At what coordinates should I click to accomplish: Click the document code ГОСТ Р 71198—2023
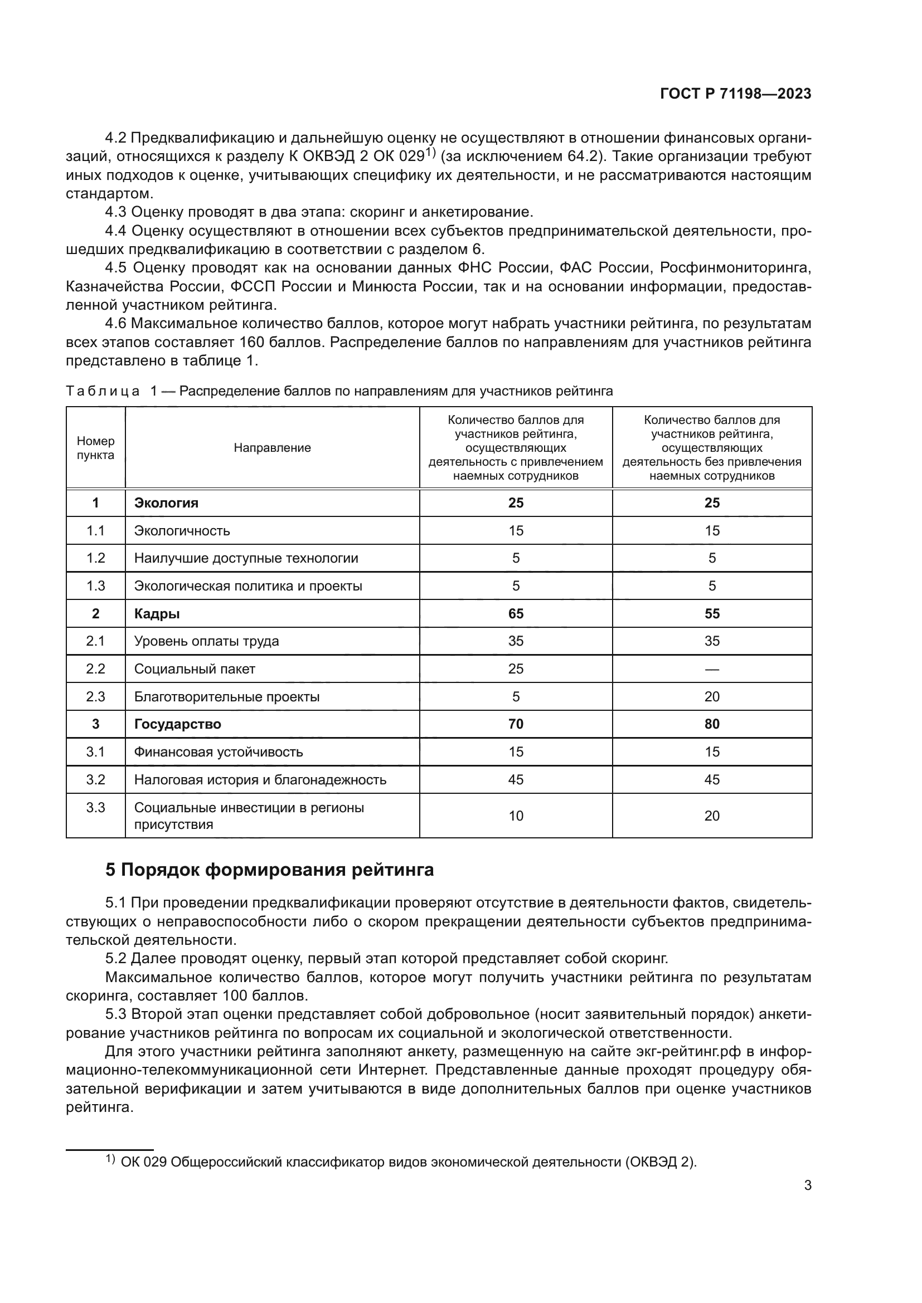pyautogui.click(x=735, y=94)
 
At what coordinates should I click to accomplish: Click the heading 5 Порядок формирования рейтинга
pyautogui.click(x=269, y=870)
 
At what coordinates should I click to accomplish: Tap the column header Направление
pyautogui.click(x=272, y=448)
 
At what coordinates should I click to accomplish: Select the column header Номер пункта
pyautogui.click(x=95, y=448)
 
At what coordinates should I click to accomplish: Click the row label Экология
pyautogui.click(x=166, y=503)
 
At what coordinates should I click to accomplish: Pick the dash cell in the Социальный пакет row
pyautogui.click(x=711, y=669)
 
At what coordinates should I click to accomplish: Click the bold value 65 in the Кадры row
pyautogui.click(x=516, y=613)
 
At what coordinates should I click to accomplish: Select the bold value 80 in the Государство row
pyautogui.click(x=711, y=724)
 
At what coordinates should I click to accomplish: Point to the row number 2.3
pyautogui.click(x=95, y=696)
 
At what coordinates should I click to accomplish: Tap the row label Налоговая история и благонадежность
pyautogui.click(x=260, y=780)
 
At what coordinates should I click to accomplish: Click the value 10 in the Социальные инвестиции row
pyautogui.click(x=516, y=816)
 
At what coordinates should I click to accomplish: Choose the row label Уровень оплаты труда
pyautogui.click(x=206, y=641)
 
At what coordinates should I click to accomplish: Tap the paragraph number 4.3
pyautogui.click(x=117, y=212)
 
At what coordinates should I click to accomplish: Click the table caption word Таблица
pyautogui.click(x=103, y=391)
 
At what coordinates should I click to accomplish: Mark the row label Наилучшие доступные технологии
pyautogui.click(x=246, y=558)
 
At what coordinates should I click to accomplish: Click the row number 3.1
pyautogui.click(x=95, y=752)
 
